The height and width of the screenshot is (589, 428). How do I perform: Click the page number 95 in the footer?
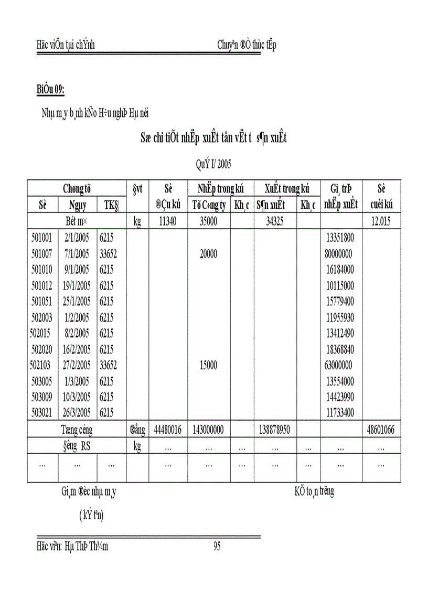[x=217, y=547]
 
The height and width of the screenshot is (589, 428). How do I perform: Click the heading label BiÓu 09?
[x=50, y=90]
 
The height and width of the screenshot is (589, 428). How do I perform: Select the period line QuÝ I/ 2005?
[x=214, y=165]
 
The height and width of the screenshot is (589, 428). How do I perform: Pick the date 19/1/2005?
[x=76, y=286]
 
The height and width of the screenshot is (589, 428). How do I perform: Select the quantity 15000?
[x=209, y=365]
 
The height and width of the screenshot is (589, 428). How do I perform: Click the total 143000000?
[x=209, y=430]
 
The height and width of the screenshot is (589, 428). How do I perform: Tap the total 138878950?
[x=275, y=430]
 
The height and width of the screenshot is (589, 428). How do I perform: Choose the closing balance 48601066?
[x=380, y=430]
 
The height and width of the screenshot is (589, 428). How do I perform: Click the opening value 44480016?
[x=168, y=430]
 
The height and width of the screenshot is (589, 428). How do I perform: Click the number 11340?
[x=168, y=221]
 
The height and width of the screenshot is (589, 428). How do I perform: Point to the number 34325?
[x=275, y=221]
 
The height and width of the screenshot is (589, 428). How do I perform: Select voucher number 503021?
[x=42, y=413]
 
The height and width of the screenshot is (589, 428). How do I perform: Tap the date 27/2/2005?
[x=76, y=365]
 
